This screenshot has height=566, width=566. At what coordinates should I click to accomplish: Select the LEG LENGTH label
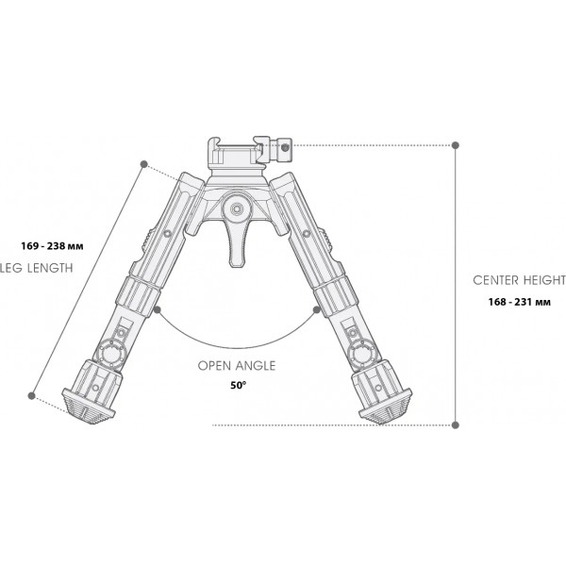36,268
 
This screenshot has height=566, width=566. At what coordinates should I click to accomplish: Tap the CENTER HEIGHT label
519,280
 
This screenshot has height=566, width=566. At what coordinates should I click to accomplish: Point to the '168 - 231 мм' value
520,302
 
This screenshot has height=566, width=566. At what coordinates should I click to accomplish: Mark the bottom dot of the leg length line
34,395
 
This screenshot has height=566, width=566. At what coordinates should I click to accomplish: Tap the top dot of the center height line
457,145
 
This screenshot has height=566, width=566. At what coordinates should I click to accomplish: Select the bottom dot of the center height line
457,424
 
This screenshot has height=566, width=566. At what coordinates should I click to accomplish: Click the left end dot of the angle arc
158,308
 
